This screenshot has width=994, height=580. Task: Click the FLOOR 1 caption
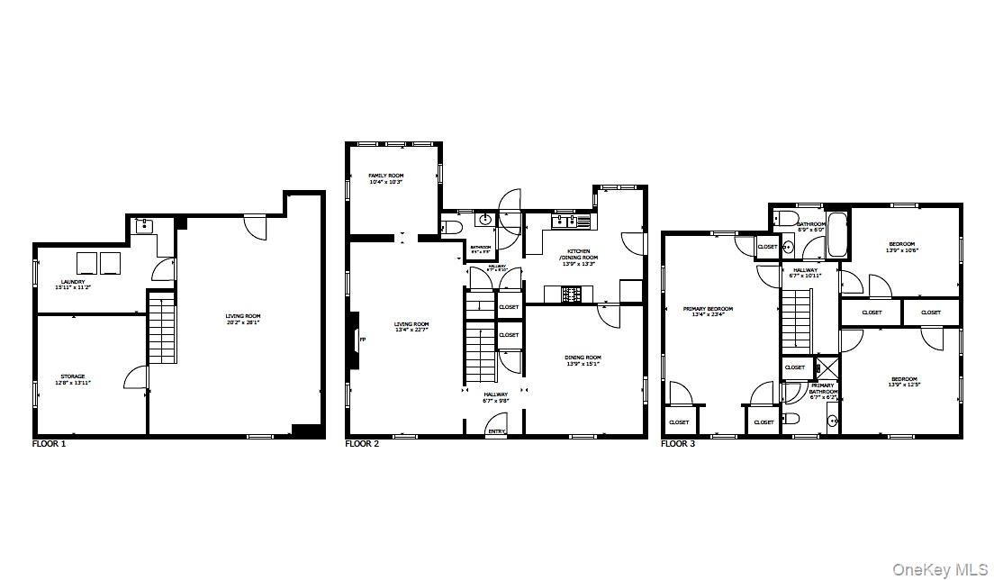click(49, 444)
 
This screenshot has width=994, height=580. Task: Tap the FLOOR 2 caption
click(363, 444)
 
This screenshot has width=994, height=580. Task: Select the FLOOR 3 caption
click(678, 444)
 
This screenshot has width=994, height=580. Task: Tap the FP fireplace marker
click(363, 340)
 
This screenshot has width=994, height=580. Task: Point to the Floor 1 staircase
click(160, 329)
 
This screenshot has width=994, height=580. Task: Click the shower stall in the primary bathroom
click(825, 367)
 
